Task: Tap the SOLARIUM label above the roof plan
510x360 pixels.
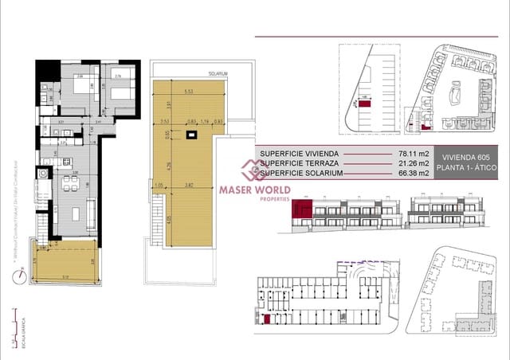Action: tap(218, 73)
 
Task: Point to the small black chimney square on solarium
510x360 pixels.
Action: tap(191, 135)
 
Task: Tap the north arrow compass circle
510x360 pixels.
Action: tap(19, 276)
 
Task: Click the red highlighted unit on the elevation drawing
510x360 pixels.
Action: tap(302, 209)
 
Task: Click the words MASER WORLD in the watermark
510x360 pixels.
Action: tap(255, 190)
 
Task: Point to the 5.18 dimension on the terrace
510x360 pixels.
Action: tap(66, 276)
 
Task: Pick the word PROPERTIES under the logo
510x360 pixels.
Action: tap(256, 199)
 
